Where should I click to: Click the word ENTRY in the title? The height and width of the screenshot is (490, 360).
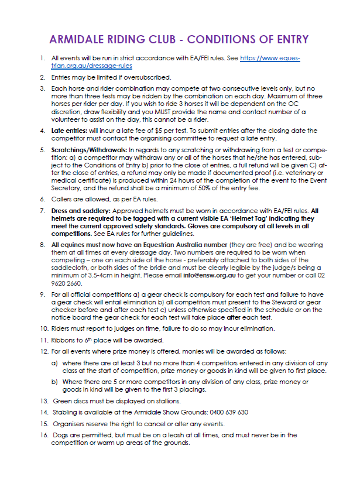click(289, 40)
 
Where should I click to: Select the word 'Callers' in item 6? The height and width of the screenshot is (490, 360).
click(63, 199)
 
